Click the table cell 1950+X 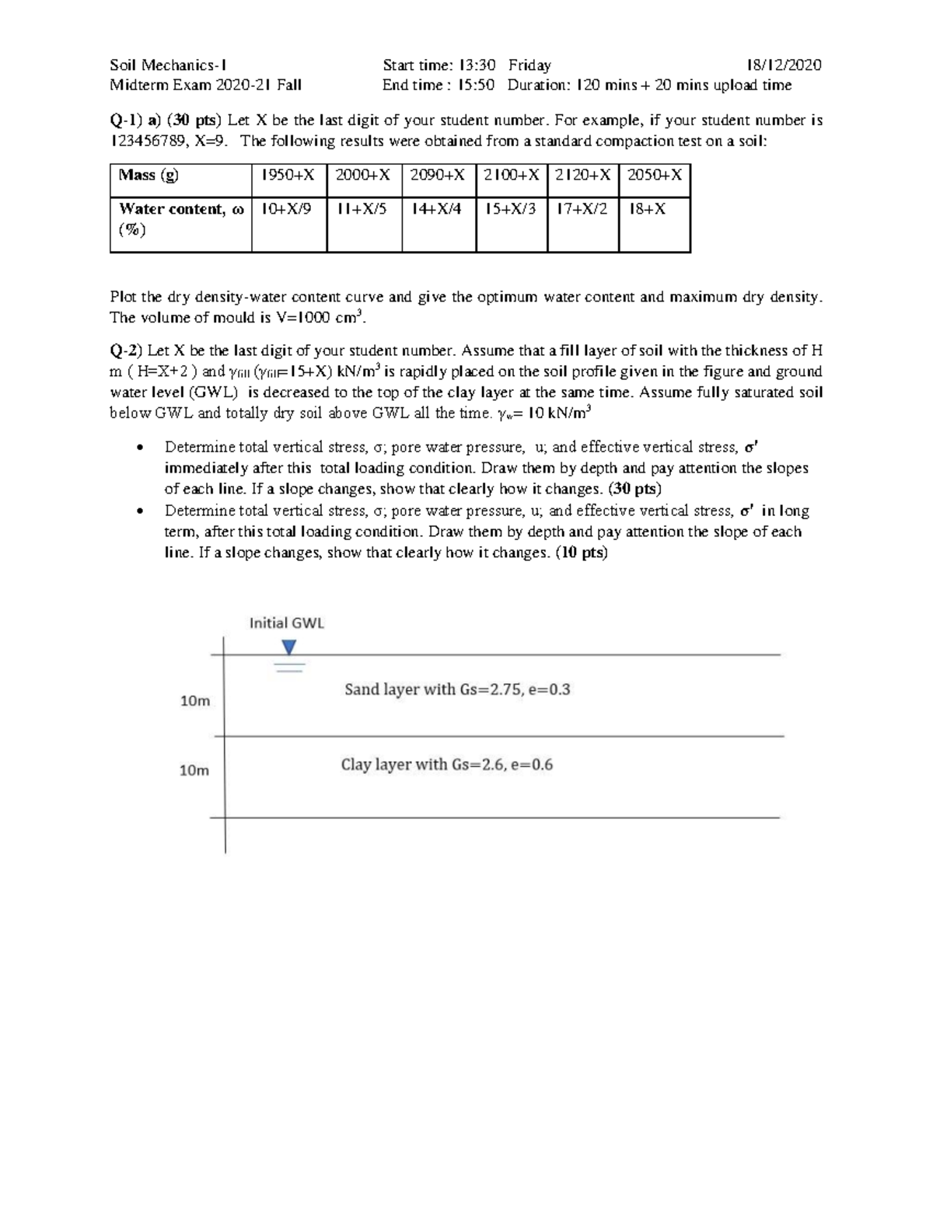click(x=288, y=176)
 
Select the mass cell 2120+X click(x=582, y=176)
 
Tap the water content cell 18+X click(x=647, y=209)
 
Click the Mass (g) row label click(x=149, y=176)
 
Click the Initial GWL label click(x=286, y=623)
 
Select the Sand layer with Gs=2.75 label click(x=457, y=689)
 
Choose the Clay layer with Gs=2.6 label click(x=447, y=765)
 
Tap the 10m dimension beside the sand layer click(x=195, y=701)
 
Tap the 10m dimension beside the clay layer click(x=194, y=770)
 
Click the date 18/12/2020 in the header click(x=783, y=65)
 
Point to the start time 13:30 click(x=477, y=65)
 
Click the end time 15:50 click(x=476, y=85)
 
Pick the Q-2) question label click(x=126, y=351)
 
